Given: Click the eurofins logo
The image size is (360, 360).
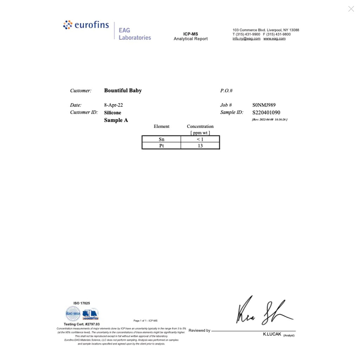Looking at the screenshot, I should [x=86, y=25].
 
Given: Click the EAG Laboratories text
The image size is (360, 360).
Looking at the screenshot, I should [x=135, y=34].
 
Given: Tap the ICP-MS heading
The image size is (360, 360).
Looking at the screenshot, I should [x=191, y=34].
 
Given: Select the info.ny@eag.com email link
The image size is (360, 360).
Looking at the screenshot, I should [x=246, y=39].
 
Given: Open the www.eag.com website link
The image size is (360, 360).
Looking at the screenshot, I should [x=274, y=39].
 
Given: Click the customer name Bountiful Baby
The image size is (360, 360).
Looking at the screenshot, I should [x=123, y=90].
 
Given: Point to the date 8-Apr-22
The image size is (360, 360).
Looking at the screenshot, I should [x=113, y=105].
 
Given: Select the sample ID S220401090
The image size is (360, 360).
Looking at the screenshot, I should [x=266, y=112].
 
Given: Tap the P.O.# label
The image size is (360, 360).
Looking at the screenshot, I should [x=226, y=91].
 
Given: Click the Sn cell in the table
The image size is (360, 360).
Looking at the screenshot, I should [x=161, y=139].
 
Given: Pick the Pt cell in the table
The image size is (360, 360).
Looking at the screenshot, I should [x=161, y=146].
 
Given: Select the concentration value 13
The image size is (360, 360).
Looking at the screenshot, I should [x=200, y=146].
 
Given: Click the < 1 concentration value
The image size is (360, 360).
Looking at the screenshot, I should [x=200, y=139].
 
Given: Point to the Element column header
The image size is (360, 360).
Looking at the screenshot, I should [x=161, y=127].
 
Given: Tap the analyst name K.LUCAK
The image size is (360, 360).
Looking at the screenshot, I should [x=272, y=334].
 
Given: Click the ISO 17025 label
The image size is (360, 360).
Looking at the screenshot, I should [x=82, y=303].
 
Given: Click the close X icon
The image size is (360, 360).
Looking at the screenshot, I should [x=351, y=9].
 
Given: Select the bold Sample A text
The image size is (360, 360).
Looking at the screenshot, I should [x=116, y=120].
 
